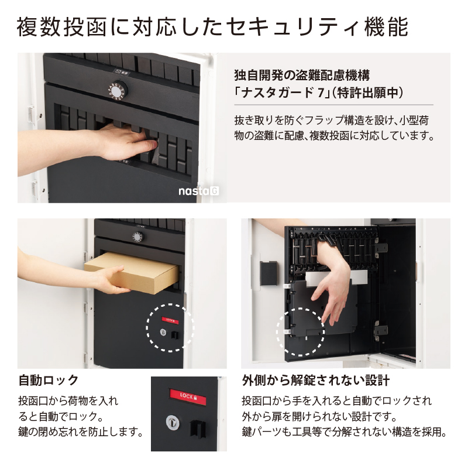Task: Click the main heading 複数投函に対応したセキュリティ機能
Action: (212, 27)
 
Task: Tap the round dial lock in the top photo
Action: (118, 90)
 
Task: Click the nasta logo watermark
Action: (198, 191)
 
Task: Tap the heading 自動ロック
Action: (49, 380)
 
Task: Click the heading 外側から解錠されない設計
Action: (316, 381)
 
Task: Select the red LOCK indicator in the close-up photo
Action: (188, 397)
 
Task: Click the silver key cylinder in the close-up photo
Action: (173, 423)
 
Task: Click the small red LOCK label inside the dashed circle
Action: (170, 321)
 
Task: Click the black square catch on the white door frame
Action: (269, 273)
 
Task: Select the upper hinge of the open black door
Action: (380, 248)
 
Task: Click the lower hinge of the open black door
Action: (380, 331)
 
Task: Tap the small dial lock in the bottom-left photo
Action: (138, 237)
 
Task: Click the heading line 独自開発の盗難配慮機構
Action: (302, 76)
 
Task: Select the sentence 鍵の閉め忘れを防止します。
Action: (81, 432)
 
